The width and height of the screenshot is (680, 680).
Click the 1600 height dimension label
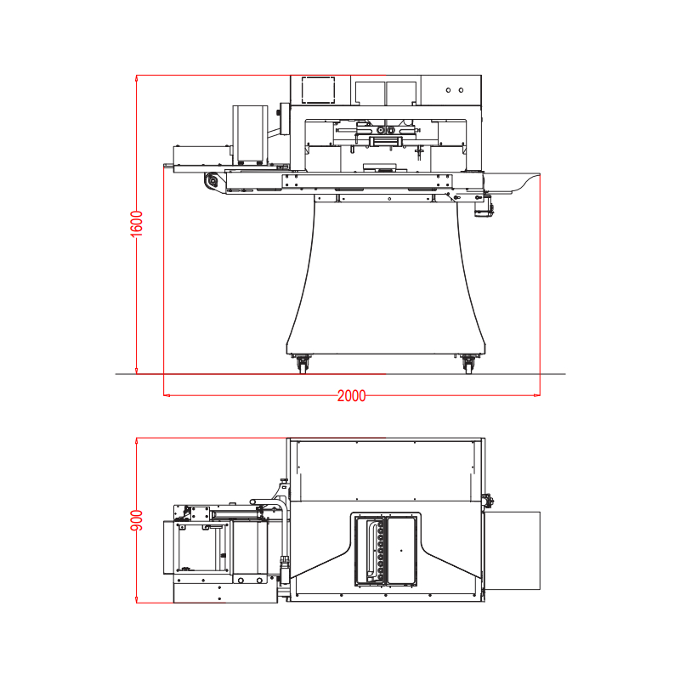pyautogui.click(x=137, y=224)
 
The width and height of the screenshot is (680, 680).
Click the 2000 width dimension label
pyautogui.click(x=352, y=396)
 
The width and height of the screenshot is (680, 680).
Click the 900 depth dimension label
pyautogui.click(x=137, y=520)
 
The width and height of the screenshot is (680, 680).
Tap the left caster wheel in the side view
pyautogui.click(x=303, y=364)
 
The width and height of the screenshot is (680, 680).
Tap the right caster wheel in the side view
pyautogui.click(x=468, y=364)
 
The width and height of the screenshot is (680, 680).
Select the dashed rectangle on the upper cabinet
pyautogui.click(x=318, y=90)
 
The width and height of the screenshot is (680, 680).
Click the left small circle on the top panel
pyautogui.click(x=449, y=90)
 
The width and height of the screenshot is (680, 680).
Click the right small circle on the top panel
pyautogui.click(x=461, y=90)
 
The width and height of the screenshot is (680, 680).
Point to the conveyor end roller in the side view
pyautogui.click(x=212, y=180)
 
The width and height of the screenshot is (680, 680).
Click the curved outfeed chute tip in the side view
pyautogui.click(x=539, y=174)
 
